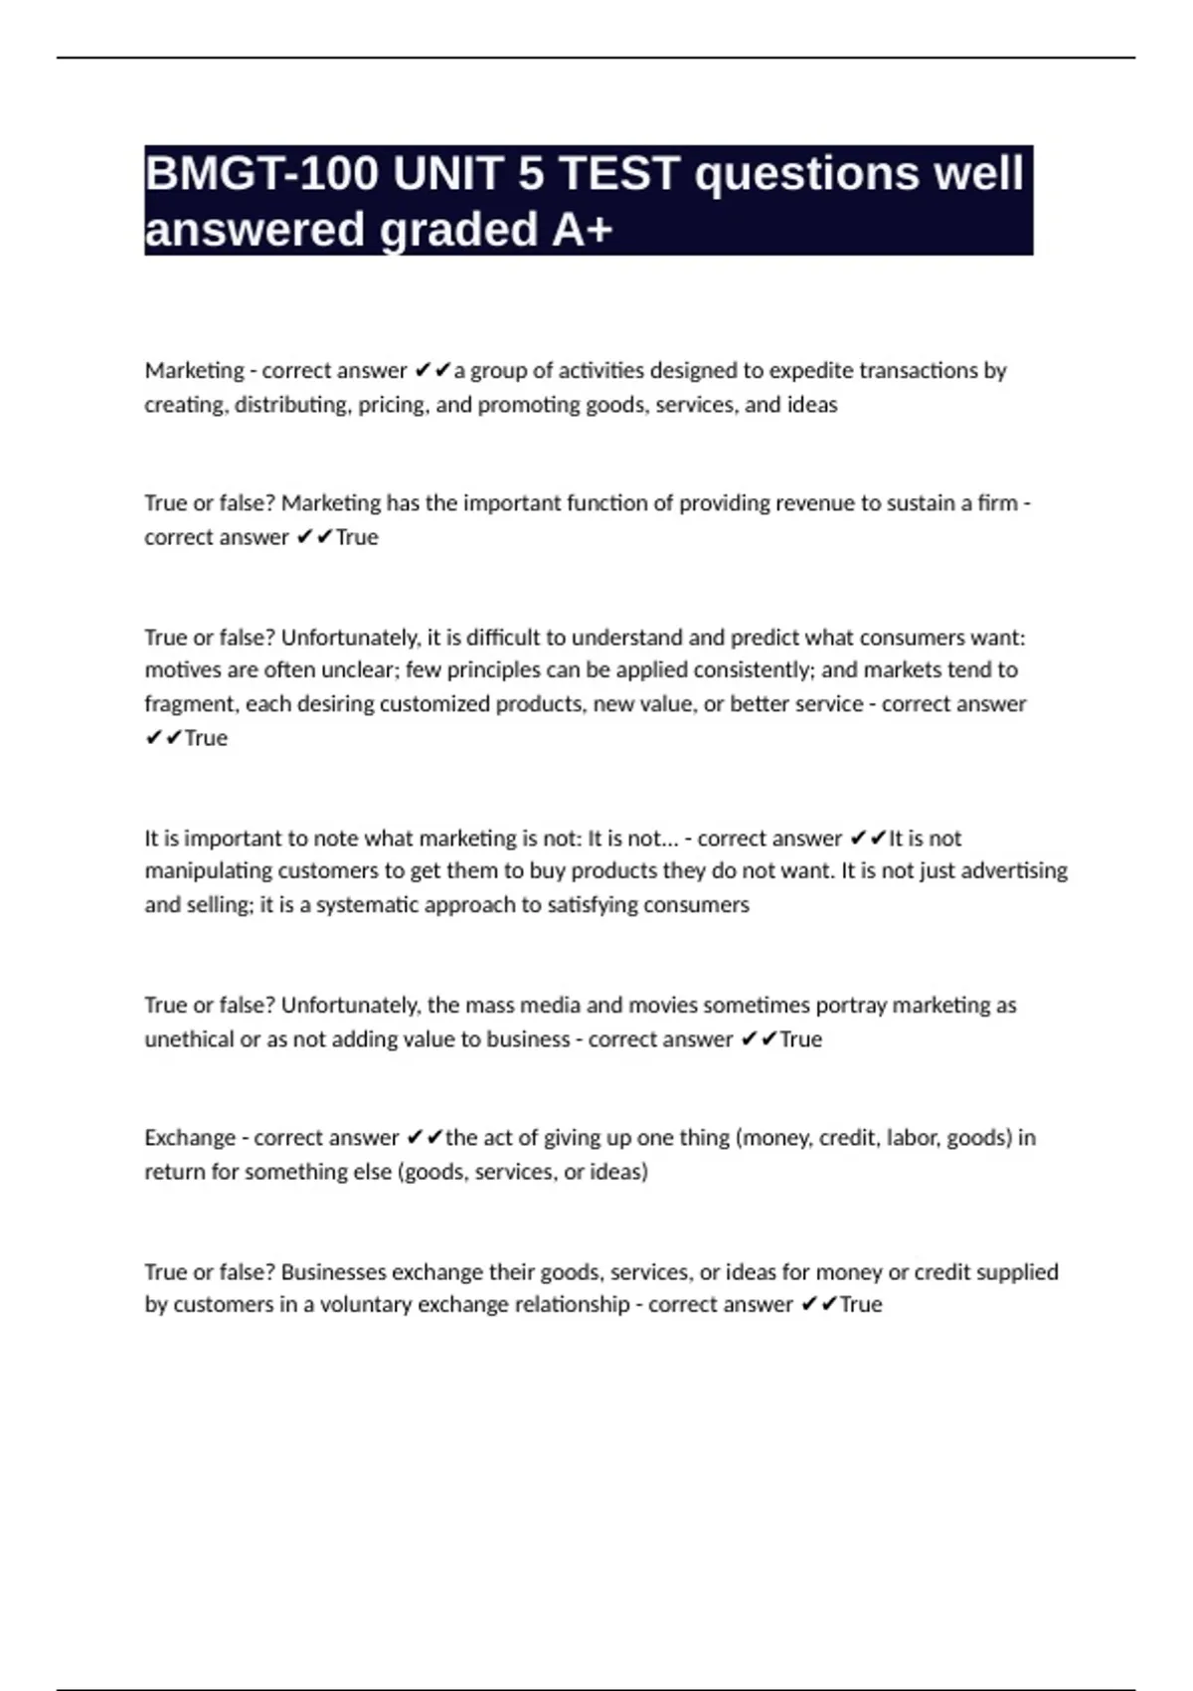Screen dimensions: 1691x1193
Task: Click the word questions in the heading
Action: [x=805, y=174]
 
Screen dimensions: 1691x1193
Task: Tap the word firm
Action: [x=997, y=503]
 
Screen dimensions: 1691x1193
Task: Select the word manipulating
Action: [x=208, y=871]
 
